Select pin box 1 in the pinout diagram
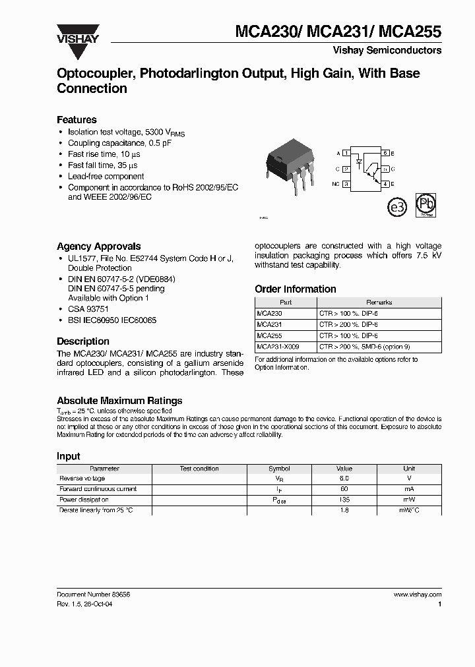[x=346, y=153]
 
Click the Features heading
[x=77, y=120]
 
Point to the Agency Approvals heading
[x=98, y=246]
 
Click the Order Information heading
[x=295, y=289]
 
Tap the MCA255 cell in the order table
[x=268, y=335]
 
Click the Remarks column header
[x=379, y=303]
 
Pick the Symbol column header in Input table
[x=279, y=469]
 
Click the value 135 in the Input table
[x=344, y=500]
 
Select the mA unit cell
[x=409, y=490]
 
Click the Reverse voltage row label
[x=82, y=478]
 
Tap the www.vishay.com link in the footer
[x=417, y=594]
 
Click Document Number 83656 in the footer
[x=94, y=594]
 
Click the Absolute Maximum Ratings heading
[x=119, y=401]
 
